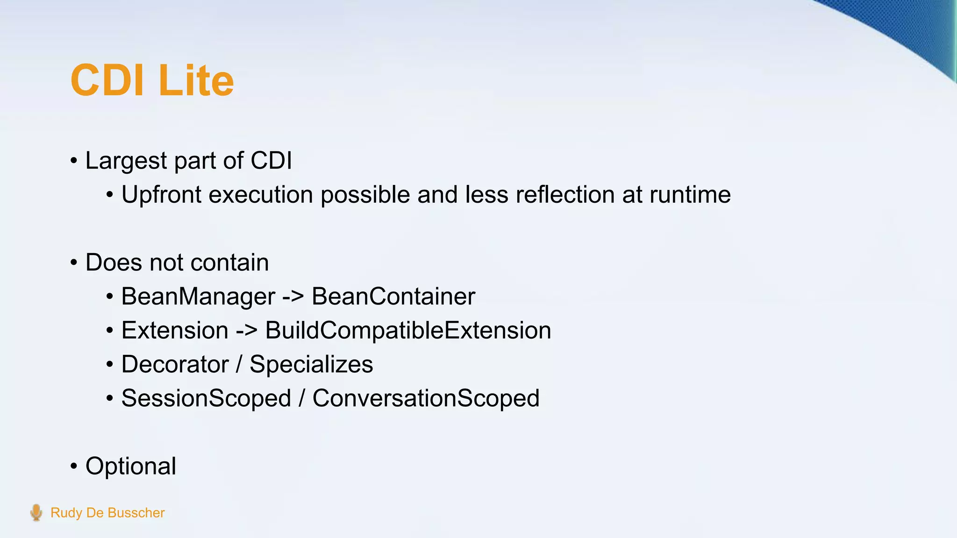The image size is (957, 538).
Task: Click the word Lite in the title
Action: (x=196, y=80)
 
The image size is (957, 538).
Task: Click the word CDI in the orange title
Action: (x=107, y=80)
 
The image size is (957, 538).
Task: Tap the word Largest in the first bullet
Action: (x=126, y=161)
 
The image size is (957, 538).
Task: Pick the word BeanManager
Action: (x=198, y=297)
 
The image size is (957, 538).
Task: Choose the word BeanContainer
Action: (x=393, y=297)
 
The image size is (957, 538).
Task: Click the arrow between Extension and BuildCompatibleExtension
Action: (x=247, y=331)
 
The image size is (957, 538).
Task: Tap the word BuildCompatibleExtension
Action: (x=408, y=331)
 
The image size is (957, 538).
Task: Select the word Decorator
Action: (x=175, y=364)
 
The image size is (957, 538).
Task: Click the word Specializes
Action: (x=311, y=364)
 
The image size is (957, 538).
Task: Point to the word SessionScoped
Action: (x=206, y=398)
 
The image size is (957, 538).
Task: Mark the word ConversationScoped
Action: (x=426, y=398)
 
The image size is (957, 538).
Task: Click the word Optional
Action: (x=131, y=466)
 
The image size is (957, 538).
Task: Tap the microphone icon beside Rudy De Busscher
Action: (x=36, y=512)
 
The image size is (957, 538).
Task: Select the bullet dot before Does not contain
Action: (x=74, y=263)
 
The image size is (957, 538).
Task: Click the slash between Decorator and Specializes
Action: (x=239, y=364)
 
